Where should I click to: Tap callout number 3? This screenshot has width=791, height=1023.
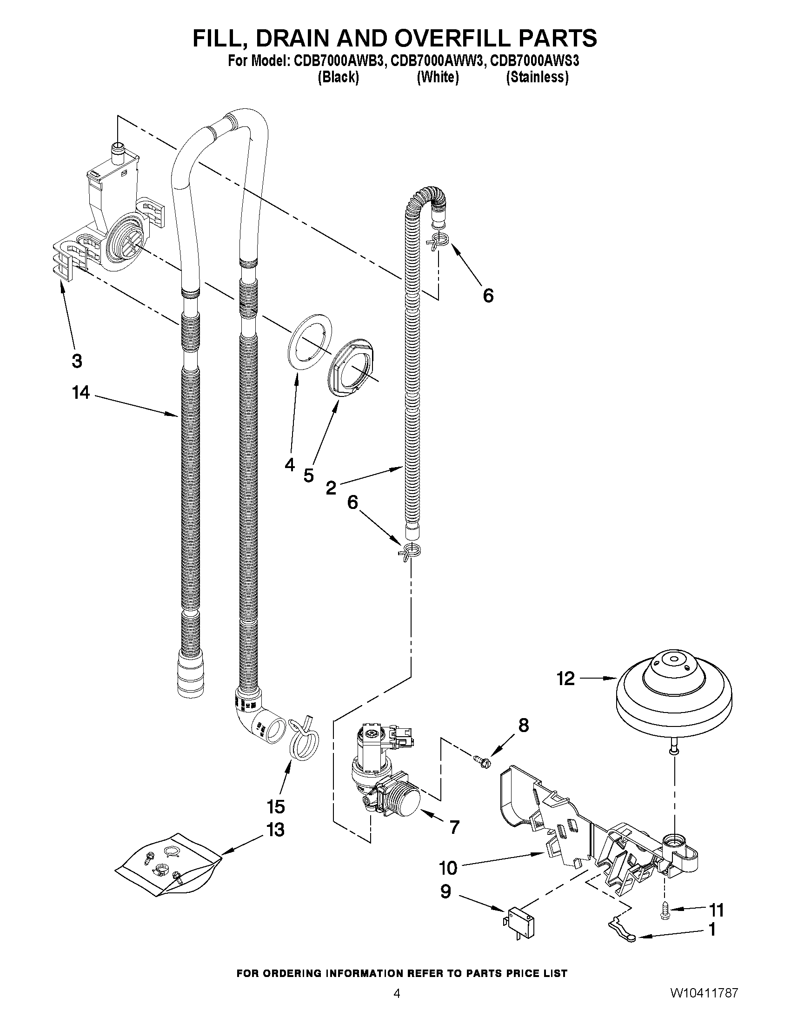click(77, 361)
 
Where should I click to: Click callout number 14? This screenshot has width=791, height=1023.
click(80, 393)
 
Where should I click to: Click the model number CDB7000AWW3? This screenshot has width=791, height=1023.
click(437, 61)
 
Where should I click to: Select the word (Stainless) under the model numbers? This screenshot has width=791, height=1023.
click(537, 77)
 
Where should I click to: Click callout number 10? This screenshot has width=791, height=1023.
click(448, 868)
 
